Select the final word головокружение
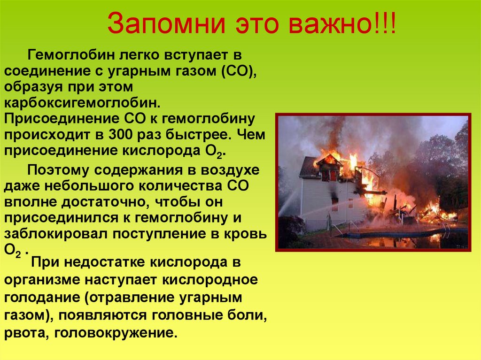116,333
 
